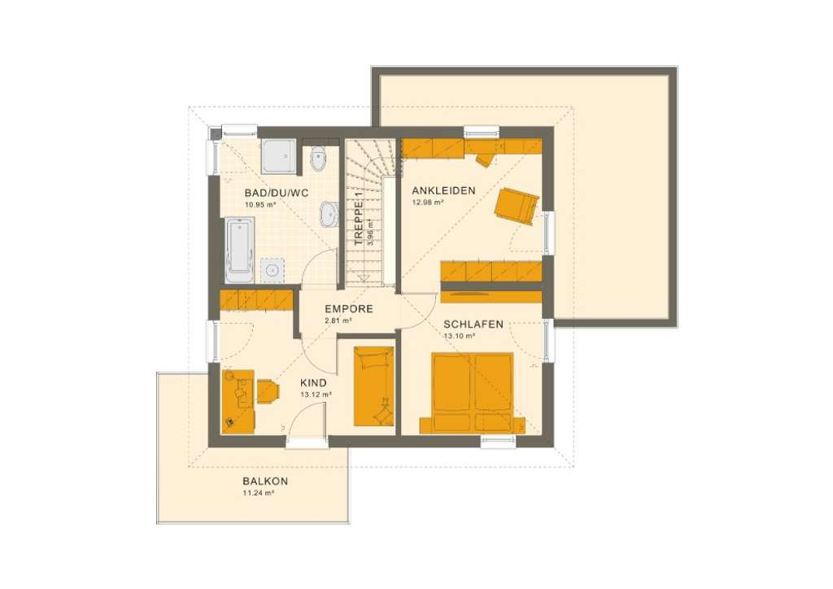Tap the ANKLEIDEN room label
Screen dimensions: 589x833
point(443,190)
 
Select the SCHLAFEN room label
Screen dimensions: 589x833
point(473,324)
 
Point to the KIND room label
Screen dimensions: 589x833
point(314,382)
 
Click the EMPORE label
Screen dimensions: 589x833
point(348,309)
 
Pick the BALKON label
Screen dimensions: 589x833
point(265,481)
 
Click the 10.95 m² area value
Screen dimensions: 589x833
point(261,205)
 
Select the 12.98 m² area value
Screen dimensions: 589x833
point(427,202)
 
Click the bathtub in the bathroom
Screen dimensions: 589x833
point(240,249)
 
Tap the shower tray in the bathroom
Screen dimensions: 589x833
point(279,155)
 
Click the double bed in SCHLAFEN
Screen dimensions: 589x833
point(473,391)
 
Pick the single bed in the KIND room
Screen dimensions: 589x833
point(374,386)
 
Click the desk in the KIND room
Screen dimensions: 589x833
point(238,401)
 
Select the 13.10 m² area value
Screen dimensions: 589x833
point(459,336)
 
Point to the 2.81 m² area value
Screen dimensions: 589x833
point(338,321)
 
